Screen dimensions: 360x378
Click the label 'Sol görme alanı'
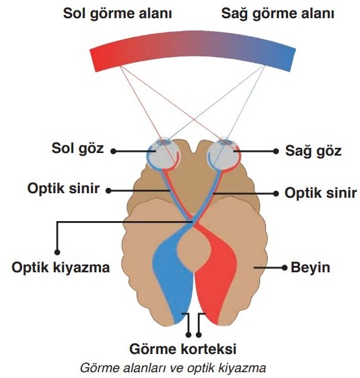pos(117,14)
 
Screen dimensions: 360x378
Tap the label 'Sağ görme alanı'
pos(278,13)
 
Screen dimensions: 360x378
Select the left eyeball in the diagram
pos(163,154)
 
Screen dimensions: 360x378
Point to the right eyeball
pos(224,154)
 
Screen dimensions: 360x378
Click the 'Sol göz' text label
pos(78,148)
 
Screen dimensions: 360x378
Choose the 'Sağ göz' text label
pos(313,151)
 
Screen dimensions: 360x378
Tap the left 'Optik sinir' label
pos(64,188)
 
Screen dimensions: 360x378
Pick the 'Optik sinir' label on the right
pos(320,193)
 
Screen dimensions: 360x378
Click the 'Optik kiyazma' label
pos(61,267)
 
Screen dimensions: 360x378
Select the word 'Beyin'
pos(310,267)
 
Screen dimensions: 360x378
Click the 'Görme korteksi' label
pos(183,349)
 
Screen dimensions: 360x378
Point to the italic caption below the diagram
pos(173,368)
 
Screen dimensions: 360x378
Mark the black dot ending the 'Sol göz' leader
pos(114,151)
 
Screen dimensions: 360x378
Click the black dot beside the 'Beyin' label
pos(285,268)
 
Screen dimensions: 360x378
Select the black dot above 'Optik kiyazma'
pos(57,252)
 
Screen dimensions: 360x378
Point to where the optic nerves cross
pos(193,220)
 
